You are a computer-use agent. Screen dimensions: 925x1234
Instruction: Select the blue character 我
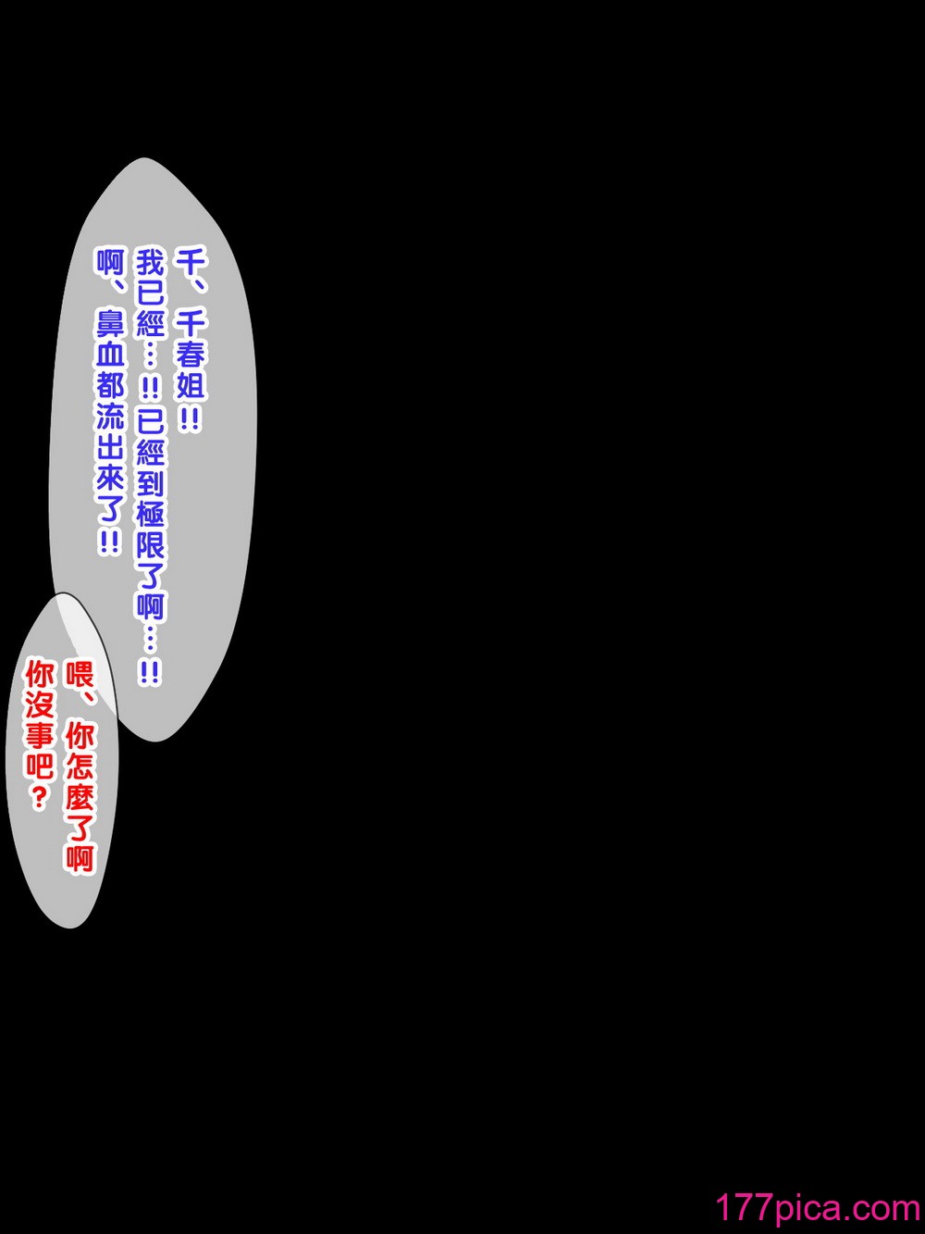coord(151,265)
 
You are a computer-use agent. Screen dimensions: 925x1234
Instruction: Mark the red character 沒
coord(40,713)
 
